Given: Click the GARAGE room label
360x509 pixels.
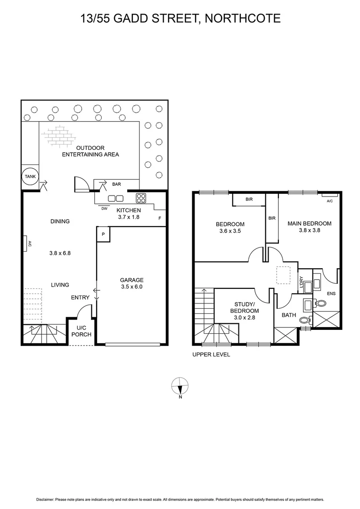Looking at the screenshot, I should point(131,280).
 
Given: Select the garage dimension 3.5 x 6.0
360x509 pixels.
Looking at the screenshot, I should point(131,287).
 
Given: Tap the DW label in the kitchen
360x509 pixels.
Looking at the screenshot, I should point(104,208).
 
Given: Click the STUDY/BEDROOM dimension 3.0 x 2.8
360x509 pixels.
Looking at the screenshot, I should point(244,318).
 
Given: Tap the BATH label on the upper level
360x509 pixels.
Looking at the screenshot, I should point(288,315).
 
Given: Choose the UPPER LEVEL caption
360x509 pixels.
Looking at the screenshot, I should point(211,355).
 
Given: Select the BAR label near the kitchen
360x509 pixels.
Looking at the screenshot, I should point(116,184).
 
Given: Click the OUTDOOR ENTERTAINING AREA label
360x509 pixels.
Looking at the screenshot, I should point(90,151).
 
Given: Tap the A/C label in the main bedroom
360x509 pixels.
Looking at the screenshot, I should point(329,201).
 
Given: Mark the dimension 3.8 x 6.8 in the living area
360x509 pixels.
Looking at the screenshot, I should point(60,253).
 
